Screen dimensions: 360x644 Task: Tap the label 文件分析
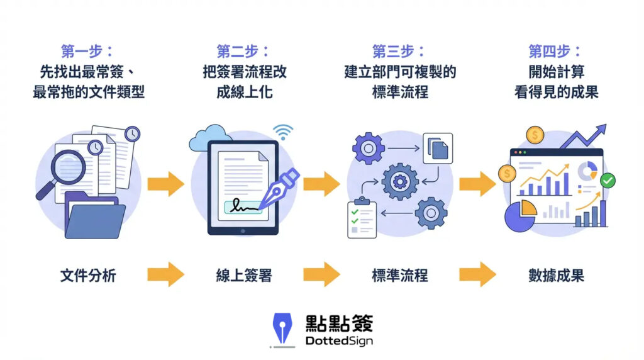(x=88, y=275)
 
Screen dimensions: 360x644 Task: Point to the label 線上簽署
(x=244, y=275)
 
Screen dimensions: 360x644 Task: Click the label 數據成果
(x=556, y=275)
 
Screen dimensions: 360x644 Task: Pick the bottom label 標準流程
(x=399, y=275)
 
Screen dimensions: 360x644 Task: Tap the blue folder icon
(x=94, y=217)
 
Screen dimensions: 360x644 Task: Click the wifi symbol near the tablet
(x=283, y=132)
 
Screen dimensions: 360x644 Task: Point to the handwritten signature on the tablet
(x=244, y=206)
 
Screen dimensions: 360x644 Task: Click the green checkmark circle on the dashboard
(x=607, y=181)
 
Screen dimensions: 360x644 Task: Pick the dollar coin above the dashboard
(x=535, y=135)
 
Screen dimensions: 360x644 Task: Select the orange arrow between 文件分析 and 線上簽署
(x=165, y=275)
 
